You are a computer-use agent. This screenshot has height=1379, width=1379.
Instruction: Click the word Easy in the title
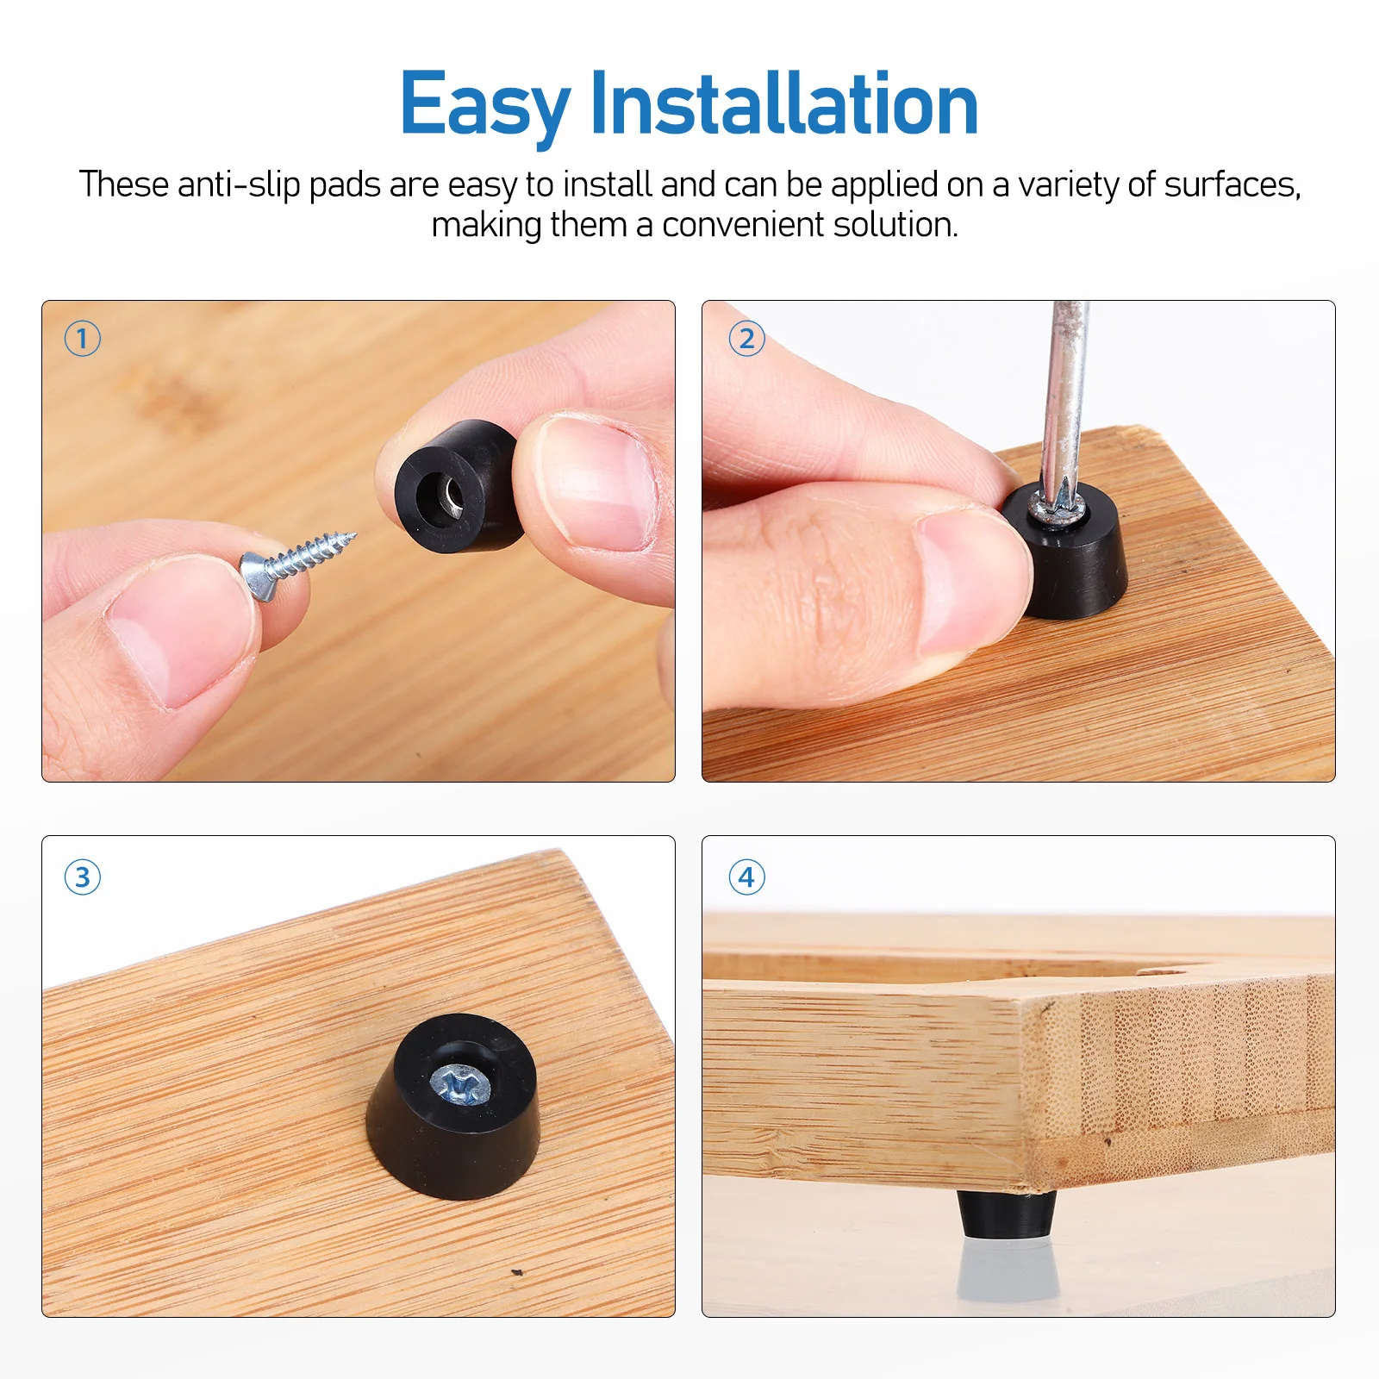click(484, 105)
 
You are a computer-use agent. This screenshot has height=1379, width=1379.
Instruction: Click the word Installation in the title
click(784, 105)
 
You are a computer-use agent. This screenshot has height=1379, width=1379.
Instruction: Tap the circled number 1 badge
click(83, 338)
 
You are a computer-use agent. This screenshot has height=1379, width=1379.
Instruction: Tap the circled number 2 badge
click(746, 338)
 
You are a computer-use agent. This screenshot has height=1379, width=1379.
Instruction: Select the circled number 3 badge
click(83, 877)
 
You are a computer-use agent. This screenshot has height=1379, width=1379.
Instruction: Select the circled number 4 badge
click(746, 877)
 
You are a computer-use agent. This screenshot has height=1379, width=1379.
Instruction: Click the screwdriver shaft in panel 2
click(1065, 396)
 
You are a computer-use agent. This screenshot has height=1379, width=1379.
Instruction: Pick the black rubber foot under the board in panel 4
click(1007, 1214)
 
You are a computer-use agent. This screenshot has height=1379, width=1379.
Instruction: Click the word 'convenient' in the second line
click(742, 225)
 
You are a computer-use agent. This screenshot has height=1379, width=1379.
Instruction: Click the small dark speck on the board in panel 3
click(517, 1272)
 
